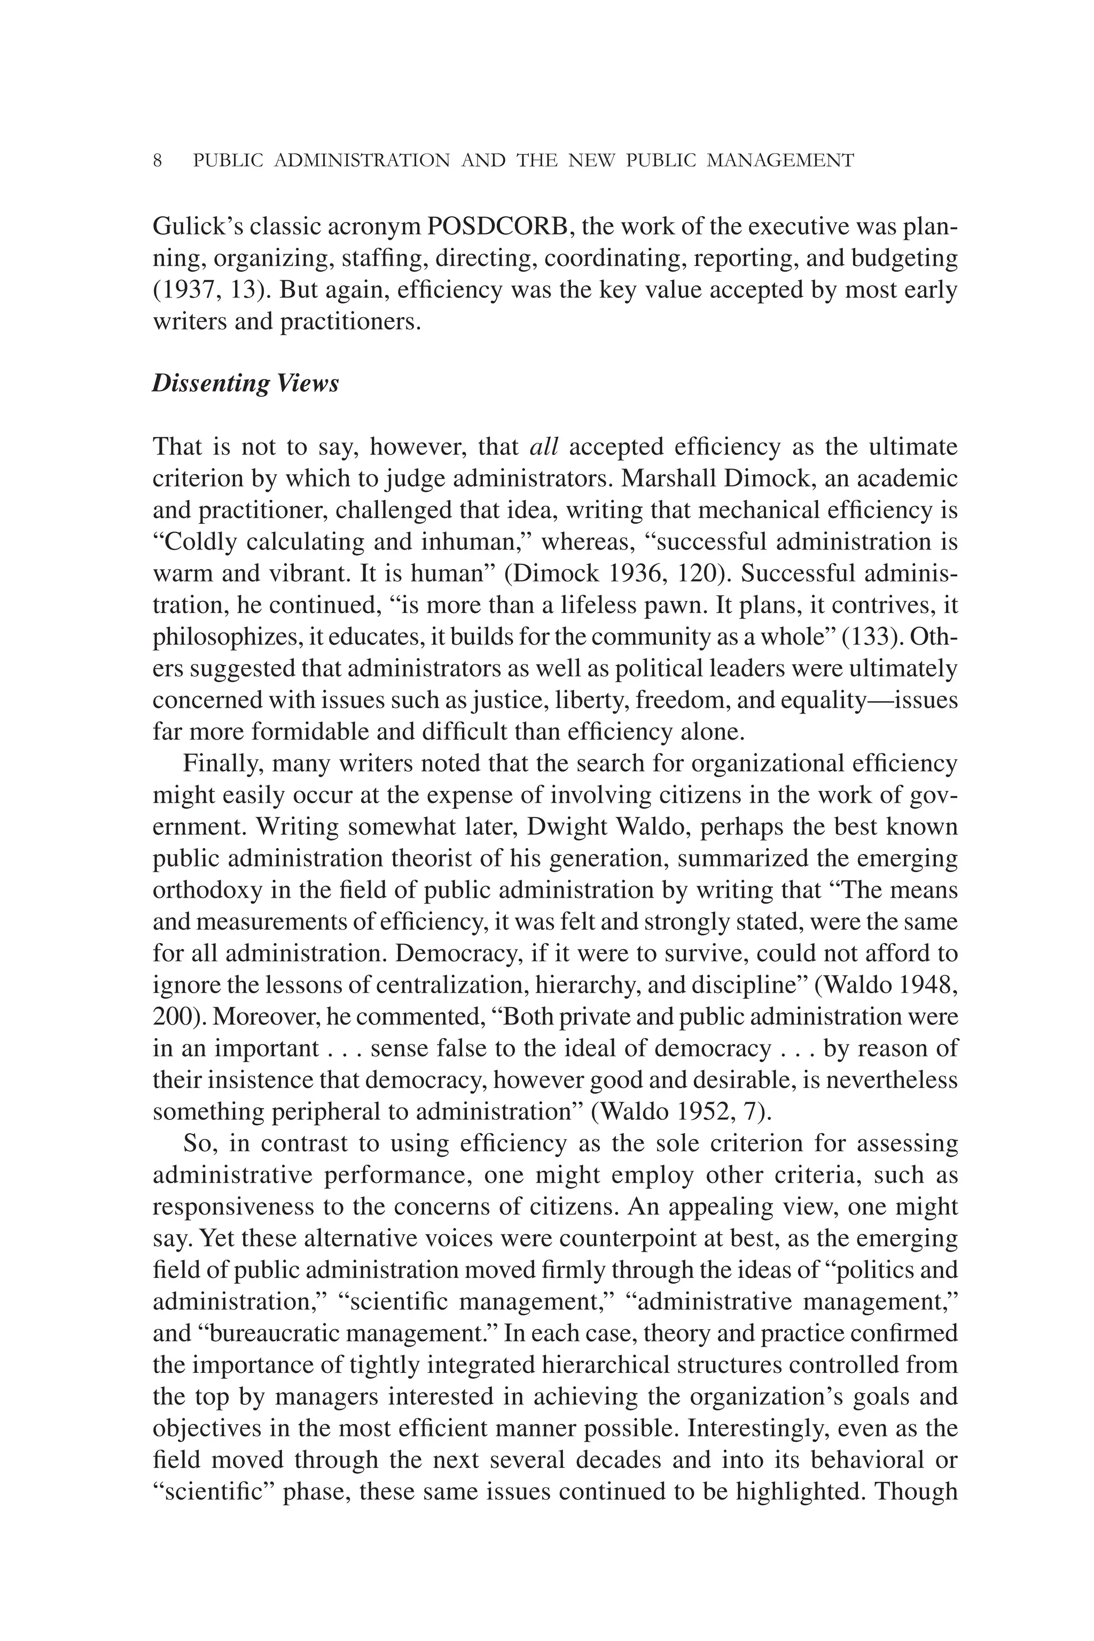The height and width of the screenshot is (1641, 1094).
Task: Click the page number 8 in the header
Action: point(158,161)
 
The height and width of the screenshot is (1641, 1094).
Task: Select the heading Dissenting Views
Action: point(246,383)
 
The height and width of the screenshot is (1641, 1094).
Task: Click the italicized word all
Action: point(544,446)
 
